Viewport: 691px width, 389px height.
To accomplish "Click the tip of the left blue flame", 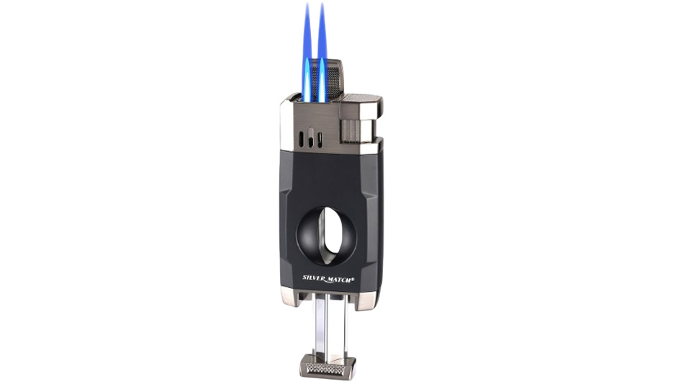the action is click(x=307, y=4).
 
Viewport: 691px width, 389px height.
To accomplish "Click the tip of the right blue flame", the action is click(x=322, y=4).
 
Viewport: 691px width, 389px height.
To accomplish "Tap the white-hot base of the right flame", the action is click(x=322, y=84).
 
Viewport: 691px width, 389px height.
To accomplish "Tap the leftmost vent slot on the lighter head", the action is click(x=301, y=138).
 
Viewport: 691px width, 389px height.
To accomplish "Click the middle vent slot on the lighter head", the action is click(x=311, y=138).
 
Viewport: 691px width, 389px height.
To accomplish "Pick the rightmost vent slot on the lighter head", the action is click(x=320, y=139).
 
